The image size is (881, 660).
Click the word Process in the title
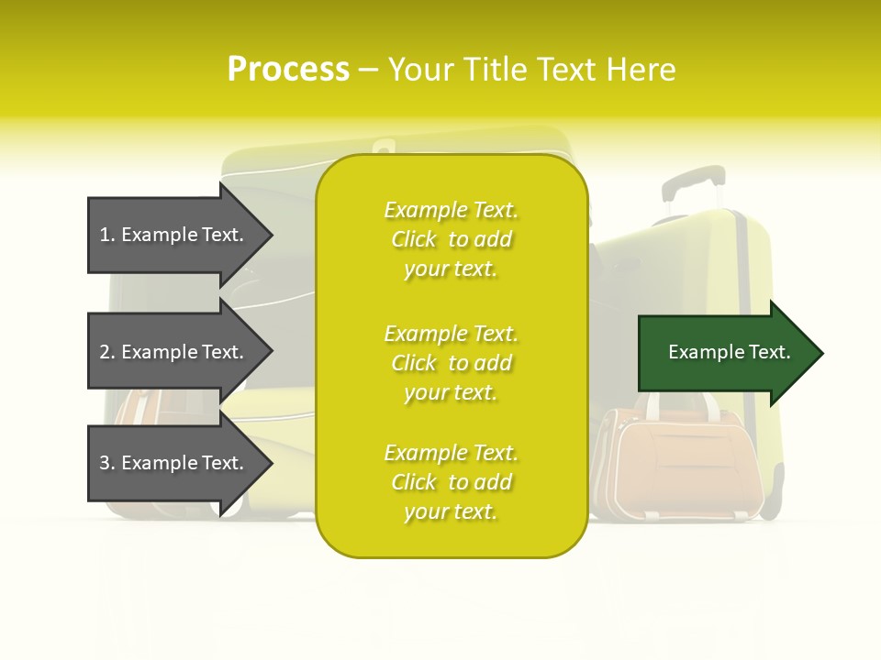pyautogui.click(x=288, y=70)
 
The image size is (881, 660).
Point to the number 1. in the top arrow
pyautogui.click(x=107, y=235)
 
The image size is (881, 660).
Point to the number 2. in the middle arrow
pyautogui.click(x=107, y=352)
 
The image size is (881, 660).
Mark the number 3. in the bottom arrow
pyautogui.click(x=107, y=463)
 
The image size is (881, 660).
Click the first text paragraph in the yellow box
pyautogui.click(x=451, y=239)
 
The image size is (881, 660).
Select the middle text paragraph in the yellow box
pyautogui.click(x=451, y=363)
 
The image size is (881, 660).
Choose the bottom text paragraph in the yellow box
pyautogui.click(x=451, y=482)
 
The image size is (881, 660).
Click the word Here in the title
pyautogui.click(x=641, y=70)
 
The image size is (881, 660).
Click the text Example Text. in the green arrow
pyautogui.click(x=730, y=352)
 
